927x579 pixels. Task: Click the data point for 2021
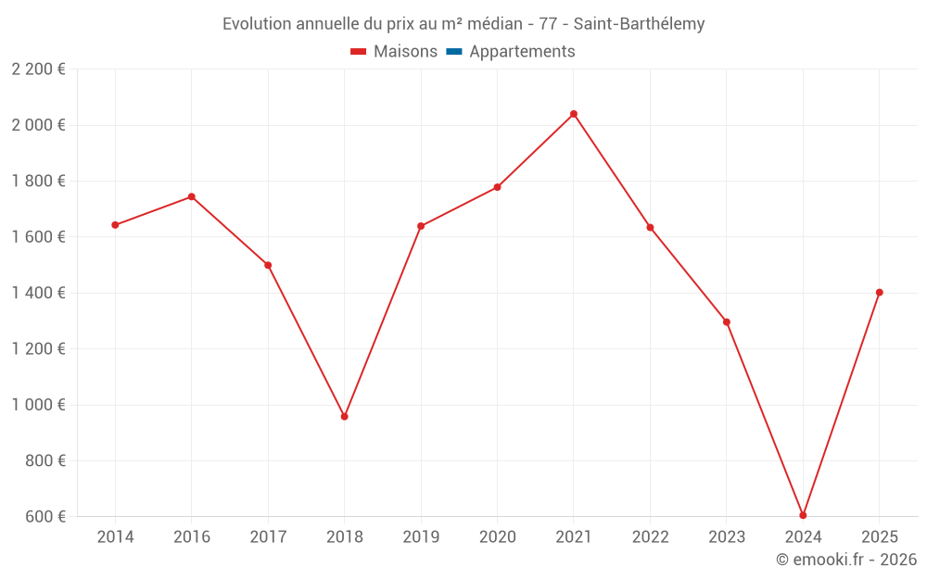(x=574, y=114)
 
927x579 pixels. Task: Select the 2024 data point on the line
(x=803, y=515)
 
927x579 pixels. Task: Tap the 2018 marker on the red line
(x=344, y=417)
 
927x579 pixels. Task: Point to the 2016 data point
(x=192, y=196)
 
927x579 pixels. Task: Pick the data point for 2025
(x=879, y=293)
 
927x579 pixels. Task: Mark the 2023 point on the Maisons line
(x=727, y=322)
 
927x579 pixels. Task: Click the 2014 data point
(x=115, y=225)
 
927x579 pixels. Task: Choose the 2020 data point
(x=497, y=187)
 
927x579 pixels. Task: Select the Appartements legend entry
(x=522, y=52)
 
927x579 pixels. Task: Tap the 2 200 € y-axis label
(x=38, y=69)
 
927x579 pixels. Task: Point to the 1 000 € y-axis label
(x=38, y=405)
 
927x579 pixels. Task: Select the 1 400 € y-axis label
(x=38, y=293)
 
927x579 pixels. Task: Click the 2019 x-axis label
(x=421, y=537)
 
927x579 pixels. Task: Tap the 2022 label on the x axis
(x=650, y=537)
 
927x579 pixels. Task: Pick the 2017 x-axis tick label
(x=268, y=537)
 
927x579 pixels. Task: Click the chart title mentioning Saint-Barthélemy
(x=463, y=24)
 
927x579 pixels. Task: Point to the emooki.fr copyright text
(x=846, y=560)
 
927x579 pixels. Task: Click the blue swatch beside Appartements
(x=454, y=52)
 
